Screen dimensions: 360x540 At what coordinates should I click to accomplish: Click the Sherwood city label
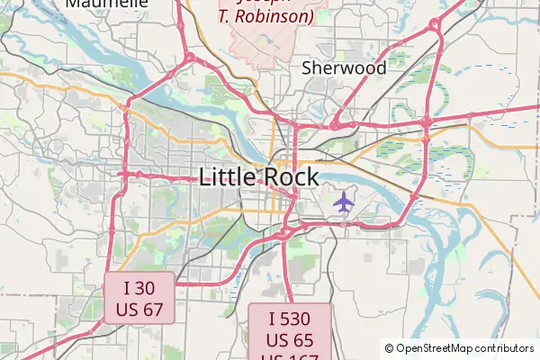[344, 68]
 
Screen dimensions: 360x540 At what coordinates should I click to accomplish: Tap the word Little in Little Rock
[229, 176]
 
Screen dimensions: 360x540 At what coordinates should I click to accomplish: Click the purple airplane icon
[343, 202]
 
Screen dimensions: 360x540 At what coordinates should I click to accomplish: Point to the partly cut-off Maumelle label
[107, 4]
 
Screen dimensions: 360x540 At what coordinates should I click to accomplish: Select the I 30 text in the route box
[139, 289]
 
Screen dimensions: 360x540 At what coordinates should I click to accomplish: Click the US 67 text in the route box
[139, 310]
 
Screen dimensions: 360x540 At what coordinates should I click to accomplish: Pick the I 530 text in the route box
[290, 319]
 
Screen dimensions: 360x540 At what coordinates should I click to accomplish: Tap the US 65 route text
[290, 340]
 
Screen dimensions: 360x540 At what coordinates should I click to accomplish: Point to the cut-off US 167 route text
[290, 356]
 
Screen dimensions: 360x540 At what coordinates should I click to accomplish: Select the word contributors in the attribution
[505, 348]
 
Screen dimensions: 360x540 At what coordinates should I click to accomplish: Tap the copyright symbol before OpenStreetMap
[390, 348]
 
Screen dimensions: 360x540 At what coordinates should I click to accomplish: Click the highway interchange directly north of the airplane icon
[337, 121]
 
